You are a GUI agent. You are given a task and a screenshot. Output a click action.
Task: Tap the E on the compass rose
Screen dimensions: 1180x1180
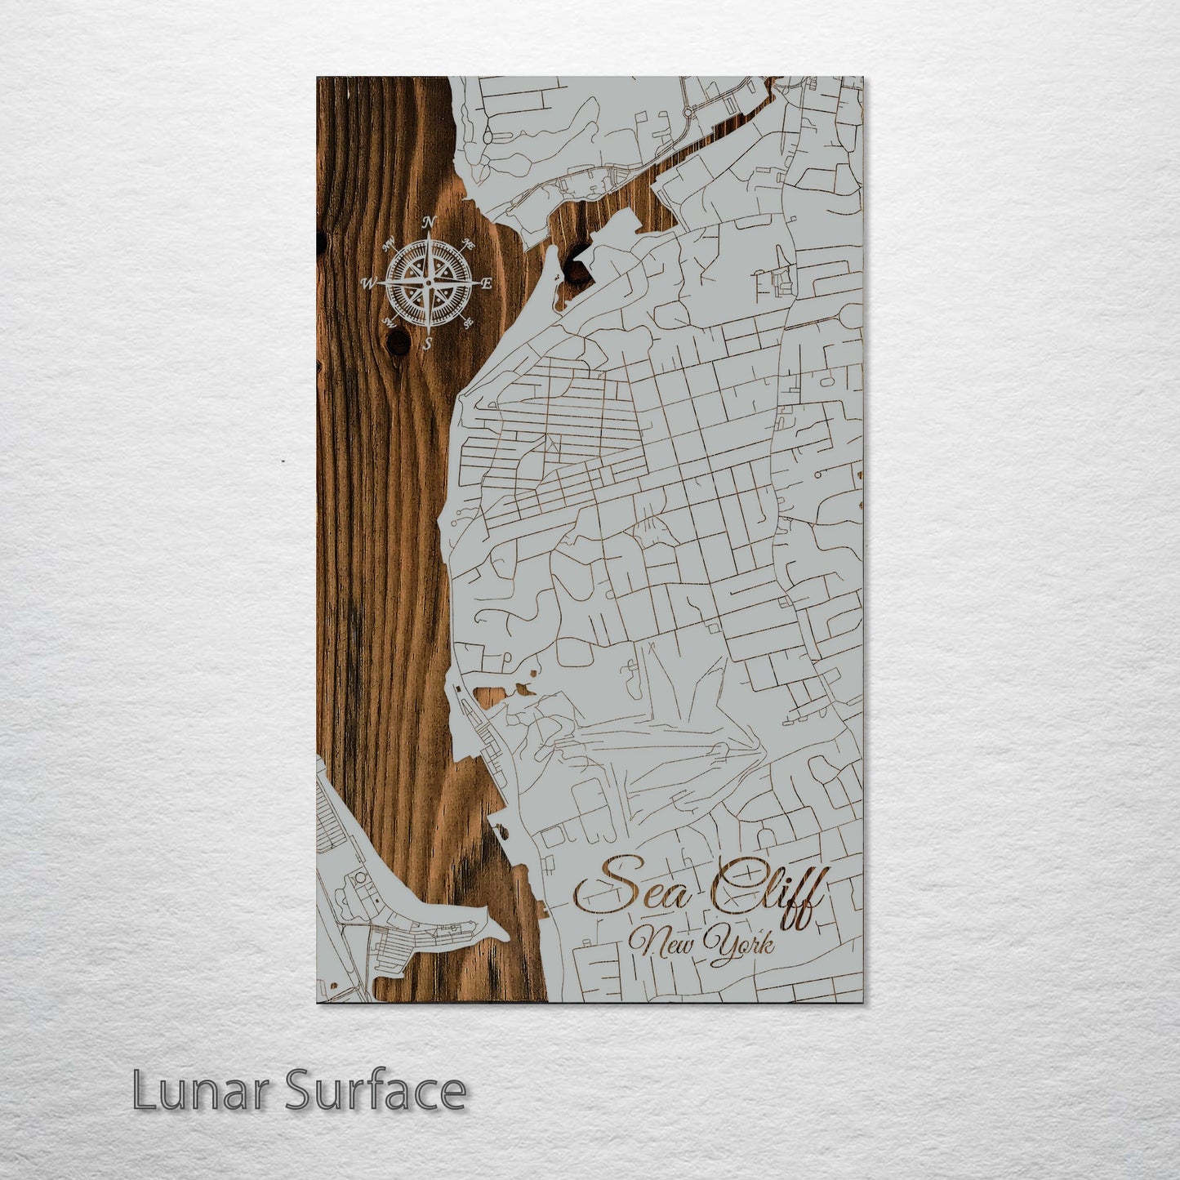point(486,284)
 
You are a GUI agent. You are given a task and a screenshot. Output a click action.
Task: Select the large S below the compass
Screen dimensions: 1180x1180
point(426,344)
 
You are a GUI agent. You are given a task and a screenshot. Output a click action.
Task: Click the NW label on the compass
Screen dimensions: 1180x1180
point(390,241)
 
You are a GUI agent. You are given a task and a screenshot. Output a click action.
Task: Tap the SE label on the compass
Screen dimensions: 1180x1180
point(468,323)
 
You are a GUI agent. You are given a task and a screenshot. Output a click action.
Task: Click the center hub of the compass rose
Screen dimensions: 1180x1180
point(428,283)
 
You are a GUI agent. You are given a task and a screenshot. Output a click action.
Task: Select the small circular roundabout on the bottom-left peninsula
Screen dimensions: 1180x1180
point(358,880)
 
